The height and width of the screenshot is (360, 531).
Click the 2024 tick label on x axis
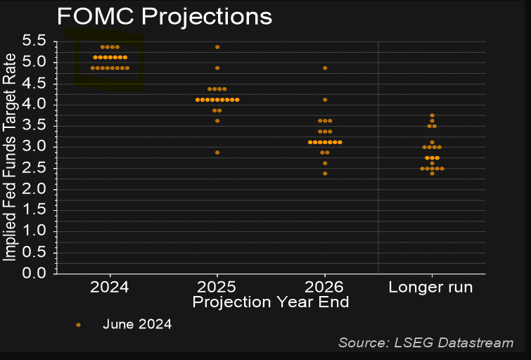(x=109, y=287)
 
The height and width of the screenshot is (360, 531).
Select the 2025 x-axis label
(x=217, y=287)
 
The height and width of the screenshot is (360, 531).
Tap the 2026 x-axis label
(x=324, y=287)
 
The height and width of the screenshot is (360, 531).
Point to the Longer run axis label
(x=430, y=287)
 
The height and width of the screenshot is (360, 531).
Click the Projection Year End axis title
(x=271, y=302)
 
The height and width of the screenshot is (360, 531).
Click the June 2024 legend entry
(x=137, y=324)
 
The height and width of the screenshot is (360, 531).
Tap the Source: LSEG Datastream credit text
(x=426, y=342)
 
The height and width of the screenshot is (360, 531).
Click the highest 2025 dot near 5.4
(x=217, y=47)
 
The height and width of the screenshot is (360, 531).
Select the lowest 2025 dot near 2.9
(x=217, y=153)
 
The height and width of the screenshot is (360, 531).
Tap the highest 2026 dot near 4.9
(x=325, y=68)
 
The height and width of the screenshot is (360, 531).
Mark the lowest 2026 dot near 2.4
(x=325, y=174)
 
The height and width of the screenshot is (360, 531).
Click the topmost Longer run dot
(x=432, y=115)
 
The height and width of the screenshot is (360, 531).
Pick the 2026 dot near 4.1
(x=325, y=100)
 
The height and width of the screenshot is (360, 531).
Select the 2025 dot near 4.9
(x=217, y=68)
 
